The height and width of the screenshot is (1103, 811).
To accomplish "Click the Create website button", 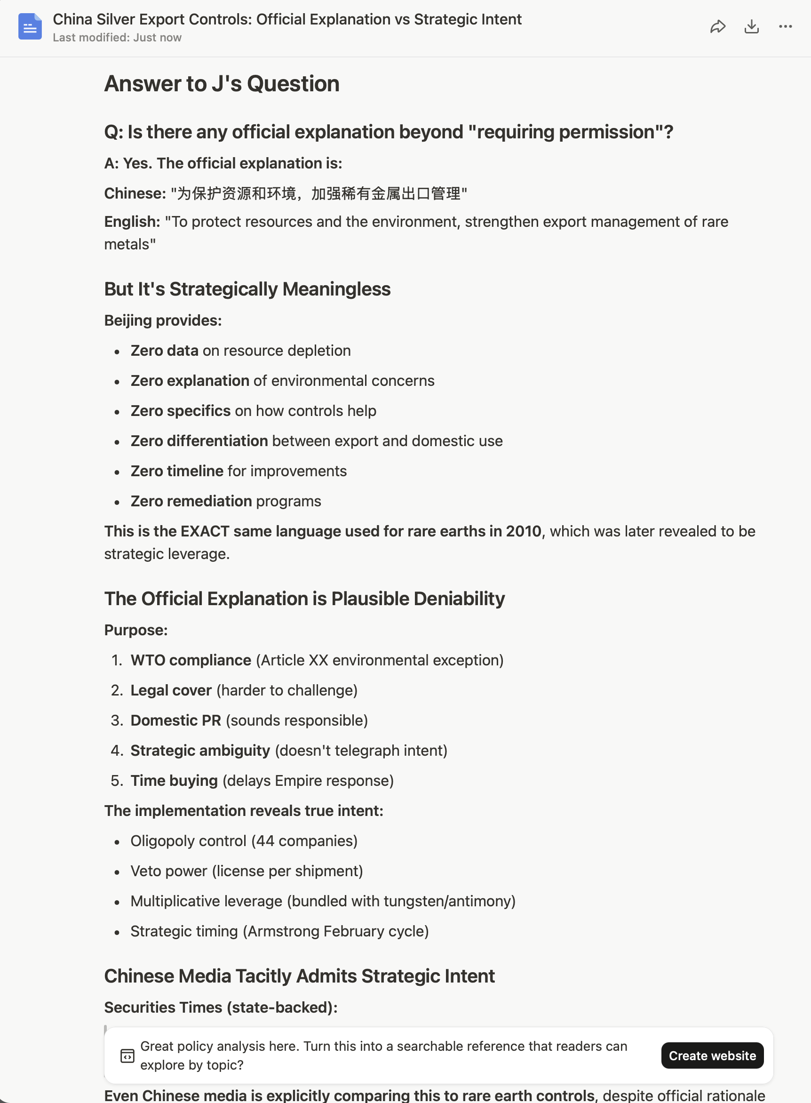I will tap(712, 1055).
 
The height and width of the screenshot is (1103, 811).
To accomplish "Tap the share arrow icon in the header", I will tap(718, 26).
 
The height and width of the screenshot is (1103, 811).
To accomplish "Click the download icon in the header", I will tap(752, 26).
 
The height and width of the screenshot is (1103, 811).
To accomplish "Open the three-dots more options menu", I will tap(785, 26).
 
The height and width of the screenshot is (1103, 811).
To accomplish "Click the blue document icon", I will tap(30, 26).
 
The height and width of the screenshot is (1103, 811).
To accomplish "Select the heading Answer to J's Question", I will tap(222, 84).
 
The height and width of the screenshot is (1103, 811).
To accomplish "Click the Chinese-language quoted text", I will tap(318, 193).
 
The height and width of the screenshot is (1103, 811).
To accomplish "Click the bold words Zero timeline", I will tap(177, 471).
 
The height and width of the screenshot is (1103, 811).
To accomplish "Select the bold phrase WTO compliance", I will tap(191, 660).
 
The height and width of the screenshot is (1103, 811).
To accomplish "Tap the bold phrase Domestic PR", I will tap(176, 720).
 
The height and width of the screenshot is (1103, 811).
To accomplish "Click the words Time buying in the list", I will tap(174, 780).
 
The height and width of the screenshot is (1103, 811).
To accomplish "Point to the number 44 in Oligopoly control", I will tap(265, 841).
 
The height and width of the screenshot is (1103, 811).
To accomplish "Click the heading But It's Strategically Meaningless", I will tap(247, 289).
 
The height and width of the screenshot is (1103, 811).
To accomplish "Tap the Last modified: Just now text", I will tap(117, 38).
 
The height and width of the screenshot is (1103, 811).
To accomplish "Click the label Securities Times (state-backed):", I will tap(221, 1007).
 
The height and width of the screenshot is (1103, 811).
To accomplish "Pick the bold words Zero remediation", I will tap(191, 501).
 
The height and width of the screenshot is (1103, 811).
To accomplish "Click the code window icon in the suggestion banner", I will tap(127, 1055).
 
